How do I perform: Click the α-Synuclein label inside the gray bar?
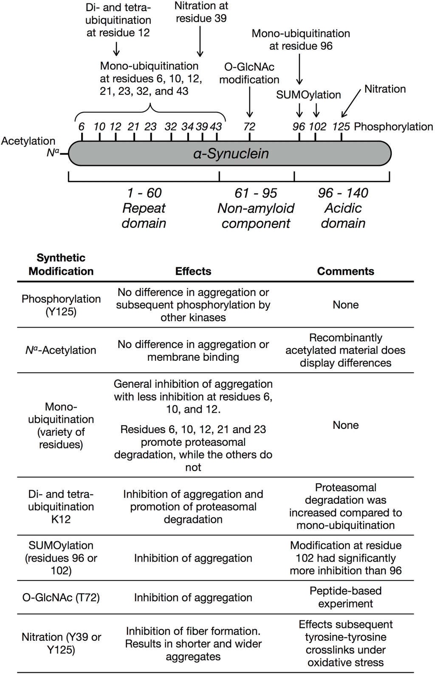[x=231, y=153]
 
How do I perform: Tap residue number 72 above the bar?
[x=249, y=126]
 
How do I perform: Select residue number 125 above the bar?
[x=341, y=126]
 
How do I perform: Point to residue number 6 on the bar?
[x=82, y=126]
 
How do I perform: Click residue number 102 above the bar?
[x=317, y=126]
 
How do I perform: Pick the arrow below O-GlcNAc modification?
[x=250, y=102]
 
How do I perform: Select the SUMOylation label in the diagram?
[x=308, y=95]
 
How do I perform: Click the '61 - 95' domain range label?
[x=256, y=193]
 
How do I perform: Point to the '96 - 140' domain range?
[x=343, y=193]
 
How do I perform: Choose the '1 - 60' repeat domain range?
[x=144, y=193]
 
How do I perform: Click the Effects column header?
[x=193, y=271]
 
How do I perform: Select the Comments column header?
[x=345, y=271]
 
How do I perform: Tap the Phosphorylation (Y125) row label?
[x=61, y=305]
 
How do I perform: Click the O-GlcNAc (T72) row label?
[x=61, y=597]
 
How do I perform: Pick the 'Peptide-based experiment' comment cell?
[x=345, y=597]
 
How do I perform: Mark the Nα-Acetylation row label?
[x=61, y=350]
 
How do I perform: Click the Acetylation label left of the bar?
[x=28, y=141]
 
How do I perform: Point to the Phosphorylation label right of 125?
[x=393, y=126]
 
